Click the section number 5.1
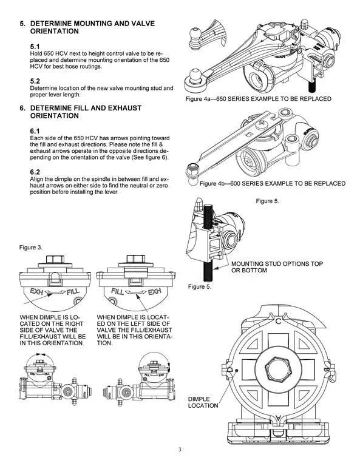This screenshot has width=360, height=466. [35, 46]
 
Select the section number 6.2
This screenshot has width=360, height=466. [35, 172]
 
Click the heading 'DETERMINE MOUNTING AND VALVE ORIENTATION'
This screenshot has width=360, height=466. [91, 27]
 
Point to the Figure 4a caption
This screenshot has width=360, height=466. [259, 99]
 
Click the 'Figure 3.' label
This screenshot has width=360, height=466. [31, 248]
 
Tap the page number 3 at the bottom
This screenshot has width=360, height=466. [180, 450]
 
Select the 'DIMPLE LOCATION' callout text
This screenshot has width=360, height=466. [203, 402]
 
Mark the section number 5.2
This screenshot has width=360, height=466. [35, 81]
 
